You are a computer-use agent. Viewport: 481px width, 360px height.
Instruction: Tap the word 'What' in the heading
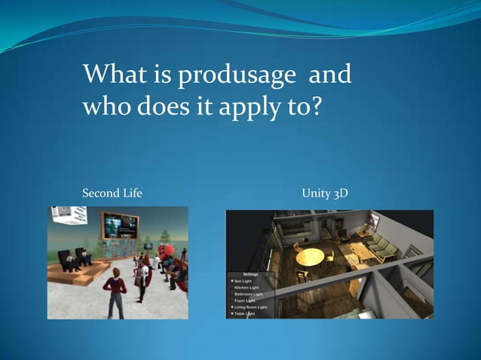(109, 75)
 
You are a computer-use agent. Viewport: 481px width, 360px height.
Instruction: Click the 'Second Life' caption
(112, 194)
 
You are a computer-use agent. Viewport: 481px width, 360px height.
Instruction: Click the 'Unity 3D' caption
(324, 194)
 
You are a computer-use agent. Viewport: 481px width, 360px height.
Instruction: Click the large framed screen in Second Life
(121, 225)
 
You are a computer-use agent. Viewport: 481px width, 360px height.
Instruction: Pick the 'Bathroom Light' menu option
(251, 294)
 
